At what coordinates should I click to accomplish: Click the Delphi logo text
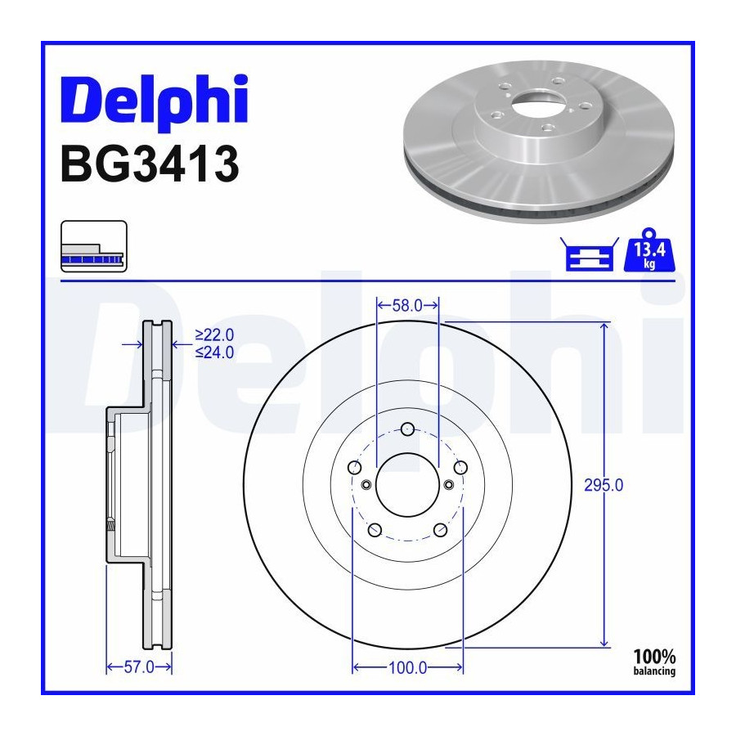155,102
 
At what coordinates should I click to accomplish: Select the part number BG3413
150,164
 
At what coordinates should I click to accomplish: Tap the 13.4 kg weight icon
649,250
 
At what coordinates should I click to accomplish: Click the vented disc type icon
94,246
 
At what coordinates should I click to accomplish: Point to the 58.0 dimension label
407,306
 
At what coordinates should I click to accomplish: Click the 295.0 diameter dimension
604,485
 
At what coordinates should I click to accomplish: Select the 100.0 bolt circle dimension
407,667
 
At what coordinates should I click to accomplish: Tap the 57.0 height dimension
139,667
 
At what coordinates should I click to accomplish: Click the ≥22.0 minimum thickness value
214,335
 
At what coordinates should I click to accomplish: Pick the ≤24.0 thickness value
214,352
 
